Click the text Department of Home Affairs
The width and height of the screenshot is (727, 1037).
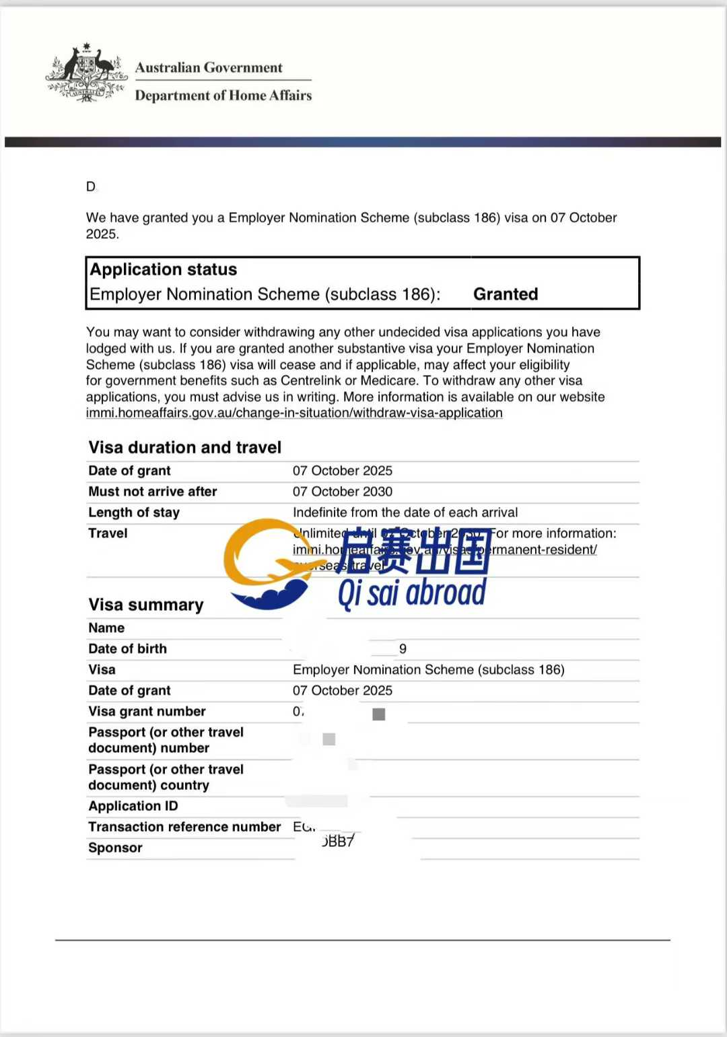[x=223, y=96]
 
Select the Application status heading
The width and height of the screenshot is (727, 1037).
[x=164, y=269]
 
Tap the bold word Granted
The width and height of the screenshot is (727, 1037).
[x=506, y=294]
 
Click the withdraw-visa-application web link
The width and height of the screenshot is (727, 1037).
[x=294, y=413]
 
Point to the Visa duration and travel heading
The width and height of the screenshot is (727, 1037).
[x=185, y=447]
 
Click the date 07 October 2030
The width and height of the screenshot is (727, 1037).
[x=342, y=492]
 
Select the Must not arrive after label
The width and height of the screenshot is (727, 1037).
[x=153, y=492]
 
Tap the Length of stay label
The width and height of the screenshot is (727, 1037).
[x=134, y=512]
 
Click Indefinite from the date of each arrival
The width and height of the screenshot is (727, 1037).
[x=405, y=512]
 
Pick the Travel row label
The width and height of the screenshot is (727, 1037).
[x=108, y=533]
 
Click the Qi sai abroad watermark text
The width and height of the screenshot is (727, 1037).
[x=411, y=593]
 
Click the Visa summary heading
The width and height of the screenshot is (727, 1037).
[x=146, y=605]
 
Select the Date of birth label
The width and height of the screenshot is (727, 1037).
[x=127, y=648]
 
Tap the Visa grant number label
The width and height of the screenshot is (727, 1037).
[x=147, y=711]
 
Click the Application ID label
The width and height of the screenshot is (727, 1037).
[x=133, y=806]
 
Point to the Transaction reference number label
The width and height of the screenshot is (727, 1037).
[x=184, y=827]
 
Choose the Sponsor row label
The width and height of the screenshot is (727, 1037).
[x=115, y=848]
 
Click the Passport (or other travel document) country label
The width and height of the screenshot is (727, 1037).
[x=166, y=777]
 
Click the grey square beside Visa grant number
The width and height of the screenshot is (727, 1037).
[x=379, y=714]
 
